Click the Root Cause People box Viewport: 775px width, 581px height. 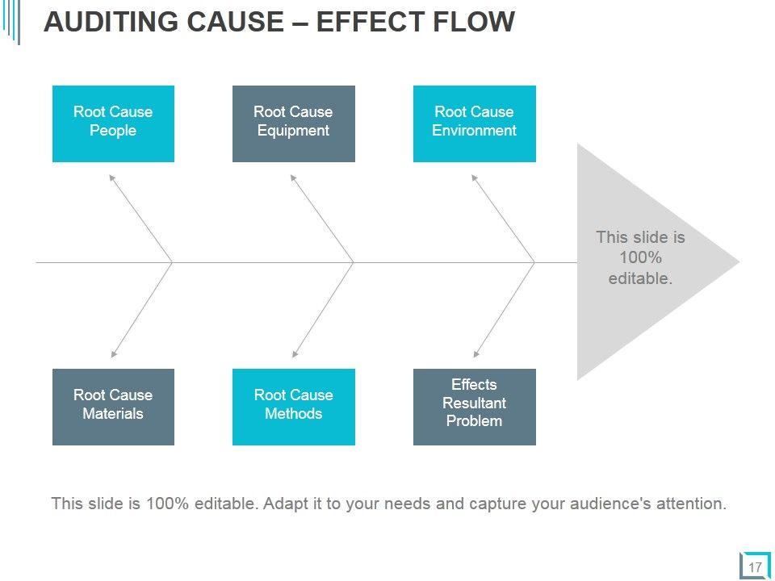click(x=113, y=123)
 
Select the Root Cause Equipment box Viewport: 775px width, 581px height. click(x=294, y=123)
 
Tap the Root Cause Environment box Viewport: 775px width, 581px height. click(x=475, y=123)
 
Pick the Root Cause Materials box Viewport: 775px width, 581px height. click(x=113, y=407)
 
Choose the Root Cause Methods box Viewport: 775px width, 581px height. click(x=294, y=407)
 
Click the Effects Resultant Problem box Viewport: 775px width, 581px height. click(x=475, y=407)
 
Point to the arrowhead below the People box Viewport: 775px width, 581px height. click(x=112, y=178)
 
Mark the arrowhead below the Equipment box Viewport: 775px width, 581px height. click(x=293, y=178)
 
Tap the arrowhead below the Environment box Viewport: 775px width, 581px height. click(x=475, y=178)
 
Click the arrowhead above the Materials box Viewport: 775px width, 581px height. click(x=114, y=353)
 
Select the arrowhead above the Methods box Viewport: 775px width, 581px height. click(x=295, y=353)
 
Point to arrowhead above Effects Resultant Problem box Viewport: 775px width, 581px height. click(x=476, y=353)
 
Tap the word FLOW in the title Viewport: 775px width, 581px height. click(x=475, y=22)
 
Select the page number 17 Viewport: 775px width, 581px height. click(x=755, y=567)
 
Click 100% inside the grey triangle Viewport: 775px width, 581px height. click(x=640, y=257)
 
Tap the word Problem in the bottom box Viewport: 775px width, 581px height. click(x=474, y=421)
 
